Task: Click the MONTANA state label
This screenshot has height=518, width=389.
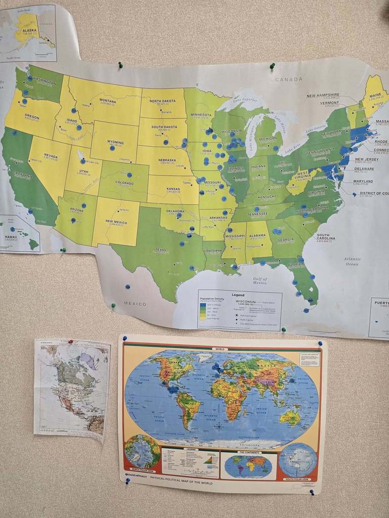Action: click(107, 100)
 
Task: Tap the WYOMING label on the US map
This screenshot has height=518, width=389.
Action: click(115, 143)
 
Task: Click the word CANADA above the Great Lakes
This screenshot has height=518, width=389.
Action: click(289, 79)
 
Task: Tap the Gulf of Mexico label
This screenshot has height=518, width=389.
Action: click(259, 280)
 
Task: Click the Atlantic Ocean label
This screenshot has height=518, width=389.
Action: click(352, 261)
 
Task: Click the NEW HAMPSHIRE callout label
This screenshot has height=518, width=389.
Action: click(323, 95)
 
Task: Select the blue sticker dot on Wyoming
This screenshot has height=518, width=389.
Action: click(112, 148)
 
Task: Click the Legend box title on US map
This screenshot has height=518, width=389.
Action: click(238, 295)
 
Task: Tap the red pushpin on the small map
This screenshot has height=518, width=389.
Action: click(70, 342)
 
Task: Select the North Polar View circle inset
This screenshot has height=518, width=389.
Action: click(142, 451)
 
